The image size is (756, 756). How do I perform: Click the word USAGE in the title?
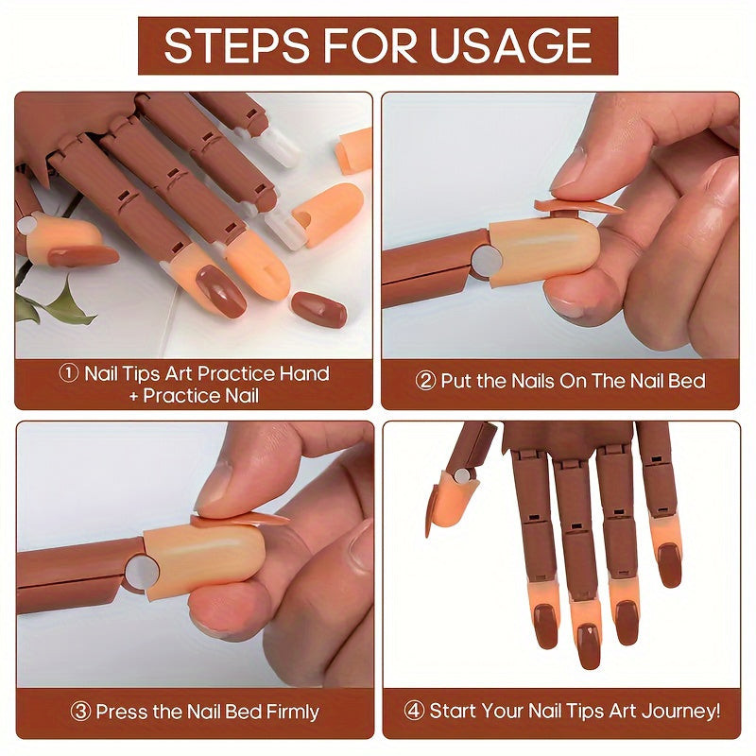coord(510,45)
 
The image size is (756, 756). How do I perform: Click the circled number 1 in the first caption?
coord(68,372)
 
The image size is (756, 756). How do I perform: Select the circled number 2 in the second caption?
coord(425,381)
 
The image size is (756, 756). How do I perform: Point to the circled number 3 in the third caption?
coord(80,712)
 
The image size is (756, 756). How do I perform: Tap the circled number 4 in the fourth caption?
coord(414,711)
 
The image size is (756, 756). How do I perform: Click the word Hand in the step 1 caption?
coord(304,373)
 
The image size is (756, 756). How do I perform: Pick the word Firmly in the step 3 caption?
coord(292,713)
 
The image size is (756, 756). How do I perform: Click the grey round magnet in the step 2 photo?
coord(487,261)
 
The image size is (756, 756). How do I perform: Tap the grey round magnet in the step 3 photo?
coord(142,573)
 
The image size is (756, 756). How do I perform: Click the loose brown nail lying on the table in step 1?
coord(319,309)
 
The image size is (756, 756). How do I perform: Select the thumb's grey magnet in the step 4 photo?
coord(462,476)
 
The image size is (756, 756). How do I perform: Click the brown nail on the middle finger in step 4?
coord(589,646)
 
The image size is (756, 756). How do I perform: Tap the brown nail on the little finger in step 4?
coord(669,565)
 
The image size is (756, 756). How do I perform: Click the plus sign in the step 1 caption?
coord(134,396)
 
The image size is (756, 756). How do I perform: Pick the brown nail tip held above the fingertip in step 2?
coord(577,206)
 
